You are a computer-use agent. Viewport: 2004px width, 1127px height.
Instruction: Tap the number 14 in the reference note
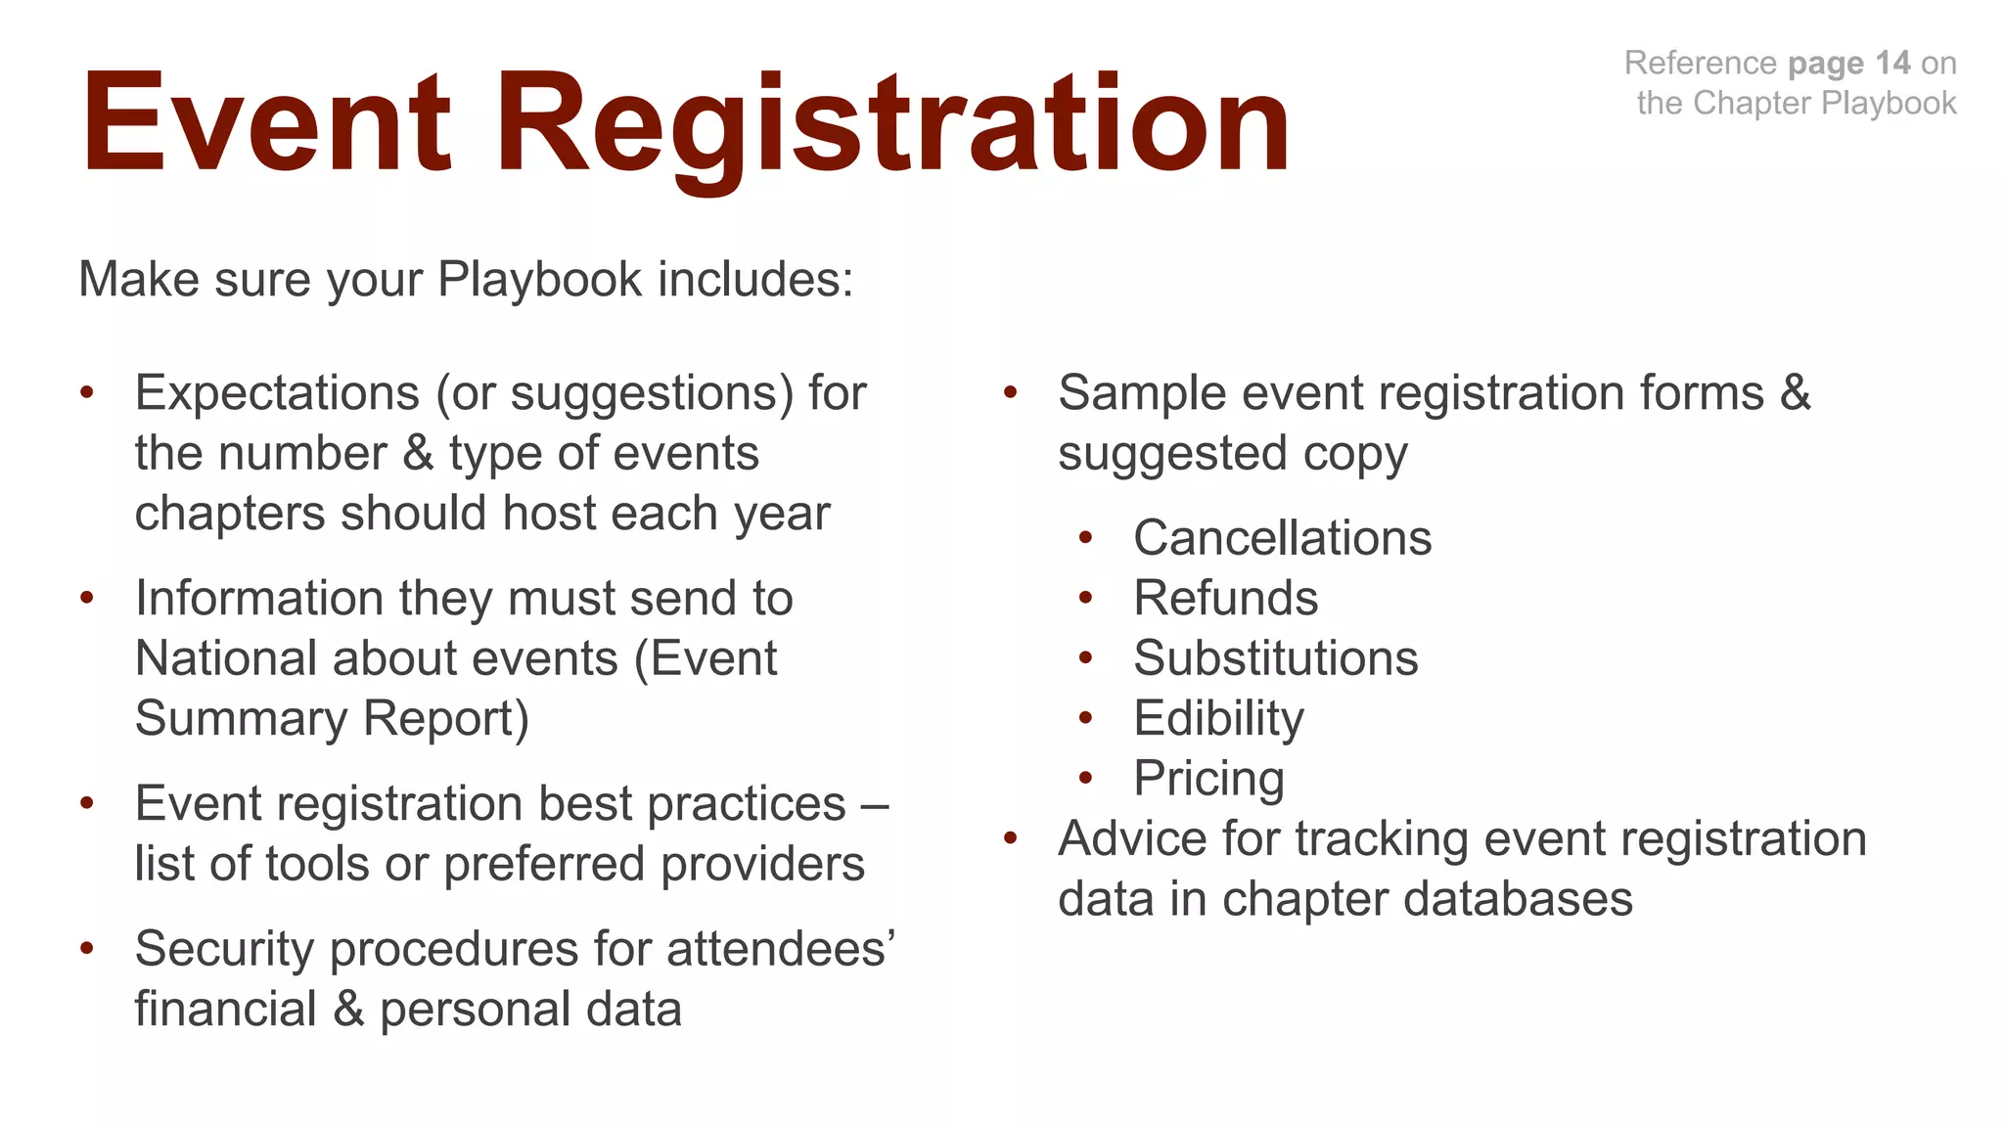coord(1892,63)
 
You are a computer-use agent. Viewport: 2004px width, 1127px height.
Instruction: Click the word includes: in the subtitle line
coord(755,280)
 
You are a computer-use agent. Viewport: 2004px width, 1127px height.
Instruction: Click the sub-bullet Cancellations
coord(1282,538)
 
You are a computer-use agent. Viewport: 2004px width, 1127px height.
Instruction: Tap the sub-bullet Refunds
coord(1225,598)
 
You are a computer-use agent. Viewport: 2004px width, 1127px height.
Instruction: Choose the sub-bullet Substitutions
coord(1275,658)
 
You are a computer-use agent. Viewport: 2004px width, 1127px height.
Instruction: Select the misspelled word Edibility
coord(1218,719)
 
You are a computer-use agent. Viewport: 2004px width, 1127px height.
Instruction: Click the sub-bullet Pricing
coord(1208,779)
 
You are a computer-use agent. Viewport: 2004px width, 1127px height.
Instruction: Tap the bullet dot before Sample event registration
coord(1011,393)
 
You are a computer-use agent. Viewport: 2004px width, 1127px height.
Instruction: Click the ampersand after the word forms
coord(1795,393)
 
